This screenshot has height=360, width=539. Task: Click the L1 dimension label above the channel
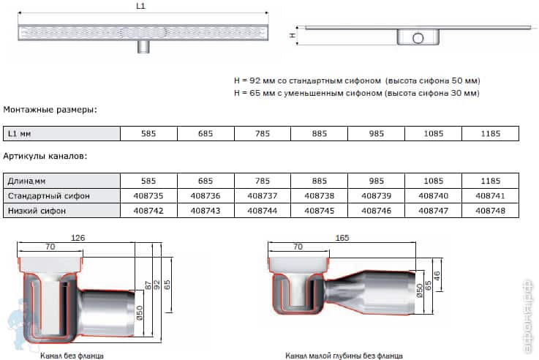point(140,6)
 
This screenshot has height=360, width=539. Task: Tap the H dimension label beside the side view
point(293,35)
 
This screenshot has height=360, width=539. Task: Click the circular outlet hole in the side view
point(418,38)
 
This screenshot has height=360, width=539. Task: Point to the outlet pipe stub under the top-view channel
point(143,46)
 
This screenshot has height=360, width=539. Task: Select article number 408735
point(148,196)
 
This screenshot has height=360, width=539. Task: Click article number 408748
point(490,211)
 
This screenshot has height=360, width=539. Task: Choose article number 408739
point(376,196)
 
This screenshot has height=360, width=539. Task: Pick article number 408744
point(263,211)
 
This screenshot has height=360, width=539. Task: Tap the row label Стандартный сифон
point(49,196)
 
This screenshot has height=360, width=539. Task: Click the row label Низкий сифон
point(37,211)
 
